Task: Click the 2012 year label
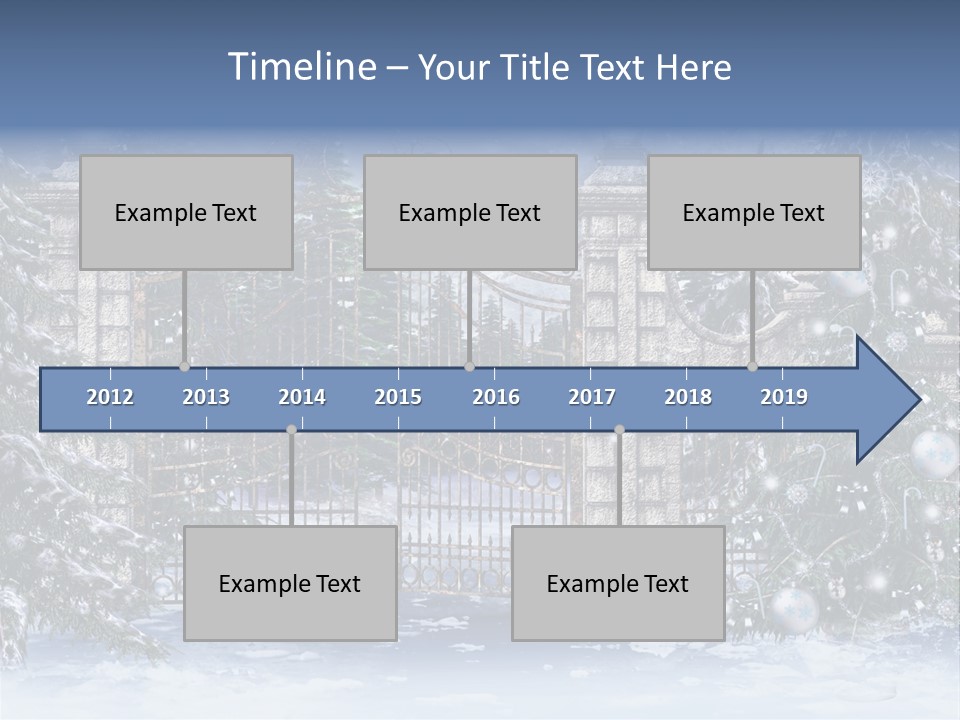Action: [110, 397]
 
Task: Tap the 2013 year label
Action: [206, 397]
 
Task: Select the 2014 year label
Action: [302, 397]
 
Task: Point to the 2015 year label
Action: [398, 397]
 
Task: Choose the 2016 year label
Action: [496, 397]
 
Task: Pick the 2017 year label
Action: [592, 397]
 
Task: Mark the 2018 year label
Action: [688, 397]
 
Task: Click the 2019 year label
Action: [784, 397]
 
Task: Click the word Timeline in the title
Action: [301, 67]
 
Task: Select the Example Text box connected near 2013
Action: [186, 212]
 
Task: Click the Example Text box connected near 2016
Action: [470, 212]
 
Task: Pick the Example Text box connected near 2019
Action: [754, 212]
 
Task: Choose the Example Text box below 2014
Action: [290, 583]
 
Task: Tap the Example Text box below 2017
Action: [618, 583]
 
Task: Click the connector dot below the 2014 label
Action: [291, 430]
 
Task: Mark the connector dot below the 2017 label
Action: [619, 430]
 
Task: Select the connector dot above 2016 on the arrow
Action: [470, 367]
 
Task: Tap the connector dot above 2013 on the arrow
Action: [185, 367]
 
